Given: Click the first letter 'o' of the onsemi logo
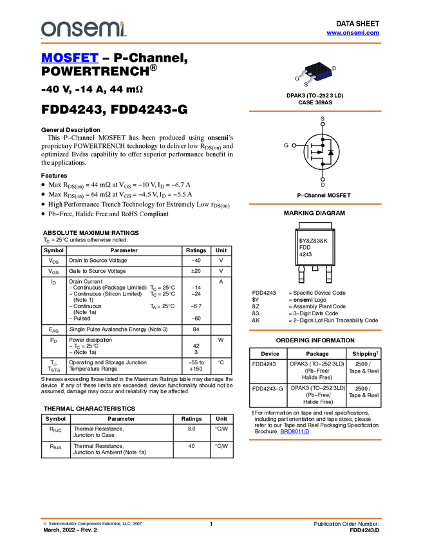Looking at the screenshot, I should [47, 29].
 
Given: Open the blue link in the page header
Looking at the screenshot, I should [353, 33].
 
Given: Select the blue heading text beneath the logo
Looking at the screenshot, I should [69, 59].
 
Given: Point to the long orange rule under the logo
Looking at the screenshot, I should [211, 43].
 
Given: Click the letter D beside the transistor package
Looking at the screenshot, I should [334, 68].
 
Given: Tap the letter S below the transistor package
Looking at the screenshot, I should [306, 84].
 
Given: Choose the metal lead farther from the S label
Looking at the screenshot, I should [303, 73].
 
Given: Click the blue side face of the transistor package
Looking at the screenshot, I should [324, 77].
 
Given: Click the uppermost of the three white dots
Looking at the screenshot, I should [323, 124].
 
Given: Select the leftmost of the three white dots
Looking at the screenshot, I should [294, 145].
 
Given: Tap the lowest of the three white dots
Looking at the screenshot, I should [323, 179].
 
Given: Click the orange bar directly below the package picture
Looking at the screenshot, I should [315, 111].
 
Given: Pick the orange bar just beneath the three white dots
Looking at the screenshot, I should [315, 204].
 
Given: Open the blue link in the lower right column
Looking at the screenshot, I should [294, 432].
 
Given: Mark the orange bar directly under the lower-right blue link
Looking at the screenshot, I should [315, 440].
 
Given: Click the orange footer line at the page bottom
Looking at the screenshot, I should [211, 518].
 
